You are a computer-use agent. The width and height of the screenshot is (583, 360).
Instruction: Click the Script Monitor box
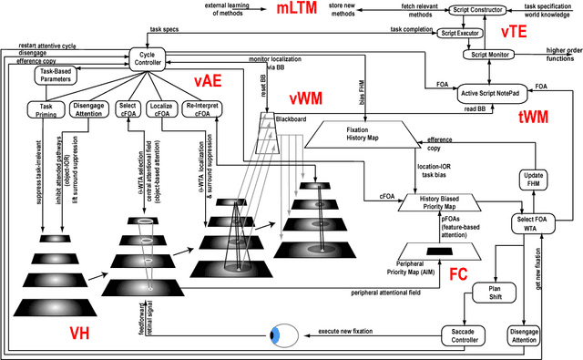pos(492,55)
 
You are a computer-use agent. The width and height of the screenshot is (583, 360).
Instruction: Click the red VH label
pos(85,334)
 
